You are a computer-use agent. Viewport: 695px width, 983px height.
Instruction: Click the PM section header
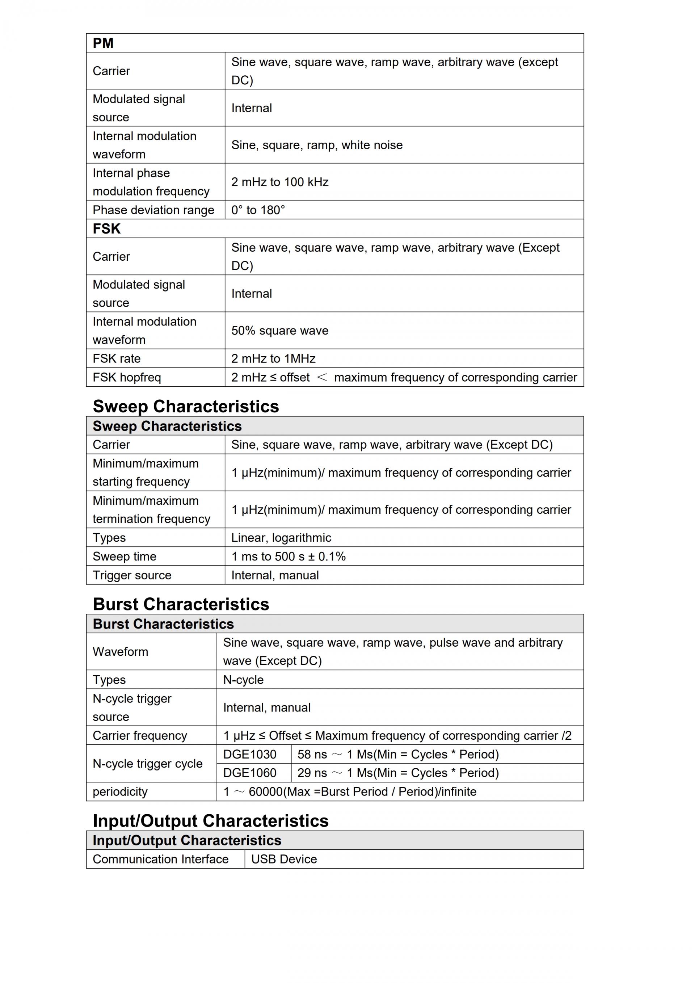(x=103, y=43)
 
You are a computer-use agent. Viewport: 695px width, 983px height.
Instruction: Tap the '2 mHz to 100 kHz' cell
(x=280, y=182)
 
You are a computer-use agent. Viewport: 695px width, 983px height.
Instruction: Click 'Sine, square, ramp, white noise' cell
(x=317, y=145)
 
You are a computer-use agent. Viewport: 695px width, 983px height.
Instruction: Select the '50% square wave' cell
(x=280, y=331)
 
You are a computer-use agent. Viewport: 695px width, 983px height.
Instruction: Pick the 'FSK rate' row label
(x=117, y=358)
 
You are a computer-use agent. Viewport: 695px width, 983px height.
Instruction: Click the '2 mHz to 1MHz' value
(x=273, y=358)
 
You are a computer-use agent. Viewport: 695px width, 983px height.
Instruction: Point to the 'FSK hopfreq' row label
(x=127, y=377)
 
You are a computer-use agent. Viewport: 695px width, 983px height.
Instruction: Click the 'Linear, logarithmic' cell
(x=281, y=538)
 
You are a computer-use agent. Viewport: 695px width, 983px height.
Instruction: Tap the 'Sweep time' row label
(x=125, y=556)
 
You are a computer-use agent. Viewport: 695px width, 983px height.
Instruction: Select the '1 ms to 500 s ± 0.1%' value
(x=288, y=556)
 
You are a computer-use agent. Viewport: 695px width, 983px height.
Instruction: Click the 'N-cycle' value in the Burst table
(x=243, y=680)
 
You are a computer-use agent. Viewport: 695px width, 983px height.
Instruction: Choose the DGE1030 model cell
(x=250, y=755)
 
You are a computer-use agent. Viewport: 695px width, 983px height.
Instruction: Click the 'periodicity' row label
(x=120, y=791)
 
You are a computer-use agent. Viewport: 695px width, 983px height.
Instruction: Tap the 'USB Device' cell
(x=284, y=859)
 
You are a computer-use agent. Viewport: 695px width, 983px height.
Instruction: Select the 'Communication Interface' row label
(x=160, y=859)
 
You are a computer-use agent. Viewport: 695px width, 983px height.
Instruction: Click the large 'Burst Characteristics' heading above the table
(x=181, y=604)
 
